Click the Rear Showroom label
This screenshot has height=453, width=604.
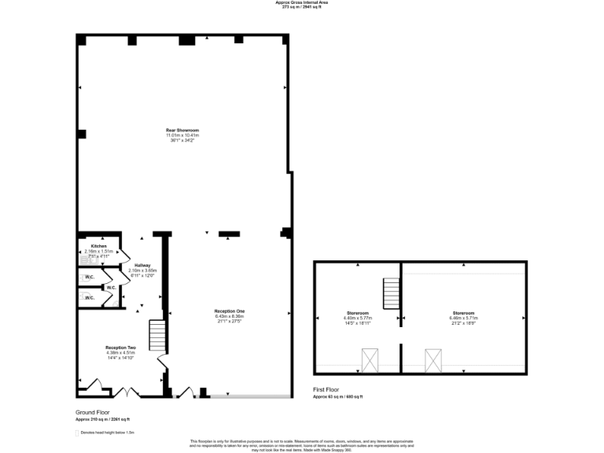(182, 130)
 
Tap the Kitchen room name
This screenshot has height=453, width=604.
(98, 246)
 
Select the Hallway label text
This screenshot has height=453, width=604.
(142, 265)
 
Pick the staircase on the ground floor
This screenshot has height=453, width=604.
(159, 336)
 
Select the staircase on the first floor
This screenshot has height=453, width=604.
(392, 293)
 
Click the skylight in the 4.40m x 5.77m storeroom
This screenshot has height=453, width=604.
(370, 360)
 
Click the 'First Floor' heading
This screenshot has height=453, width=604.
(326, 390)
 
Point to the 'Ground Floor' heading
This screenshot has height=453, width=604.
(93, 412)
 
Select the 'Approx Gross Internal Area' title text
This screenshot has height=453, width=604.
(301, 3)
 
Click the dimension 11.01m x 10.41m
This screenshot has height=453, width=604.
(182, 135)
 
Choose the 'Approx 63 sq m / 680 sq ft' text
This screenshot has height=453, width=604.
(338, 396)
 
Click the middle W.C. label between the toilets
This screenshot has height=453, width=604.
(111, 288)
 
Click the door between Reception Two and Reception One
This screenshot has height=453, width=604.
(163, 363)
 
